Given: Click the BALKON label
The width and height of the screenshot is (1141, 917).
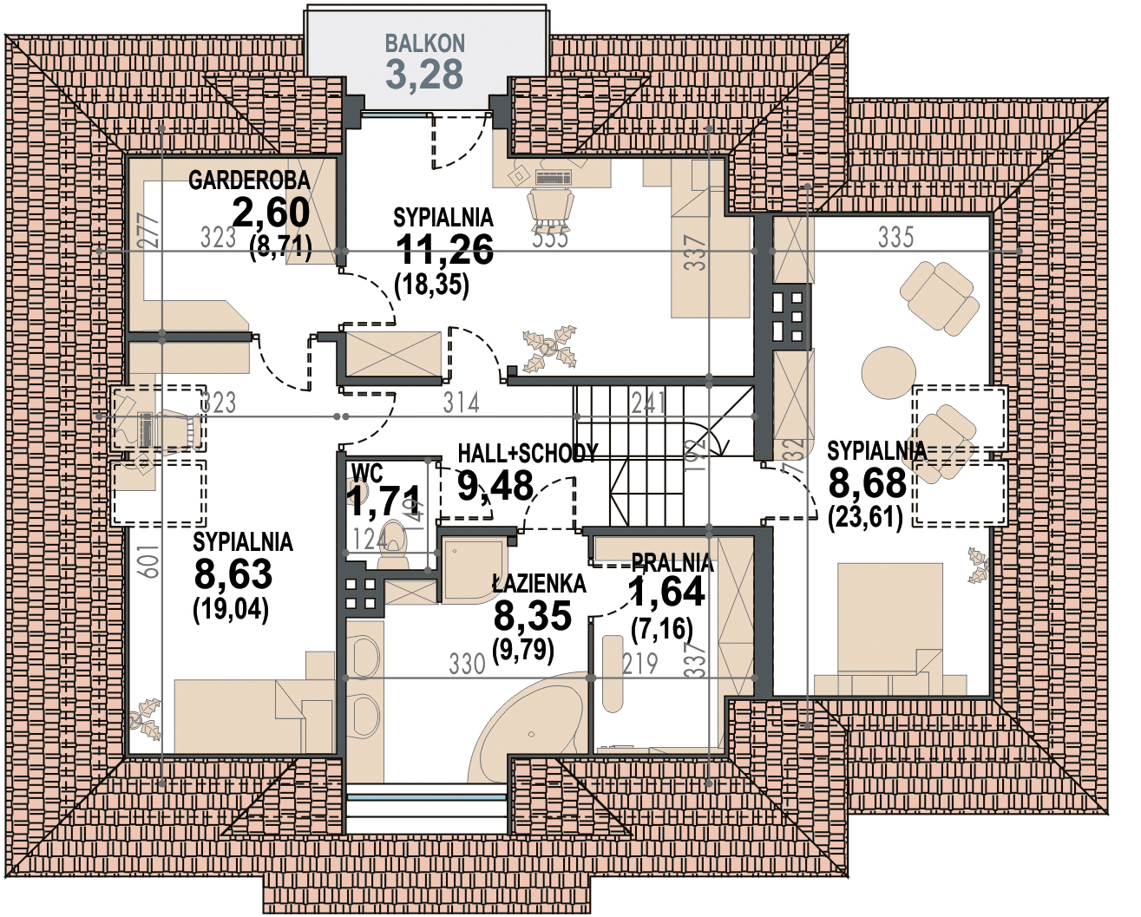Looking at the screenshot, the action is pyautogui.click(x=424, y=43).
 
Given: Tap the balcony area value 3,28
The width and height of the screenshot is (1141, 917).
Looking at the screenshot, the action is pyautogui.click(x=424, y=75).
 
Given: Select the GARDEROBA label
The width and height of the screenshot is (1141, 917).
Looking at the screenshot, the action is pyautogui.click(x=249, y=180).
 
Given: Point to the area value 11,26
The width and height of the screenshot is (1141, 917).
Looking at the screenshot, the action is pyautogui.click(x=444, y=249).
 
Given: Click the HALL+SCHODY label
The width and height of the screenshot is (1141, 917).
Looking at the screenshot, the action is pyautogui.click(x=528, y=453).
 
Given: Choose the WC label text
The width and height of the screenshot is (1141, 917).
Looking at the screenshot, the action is pyautogui.click(x=367, y=474).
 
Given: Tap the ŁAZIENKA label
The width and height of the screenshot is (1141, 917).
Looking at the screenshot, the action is pyautogui.click(x=539, y=584).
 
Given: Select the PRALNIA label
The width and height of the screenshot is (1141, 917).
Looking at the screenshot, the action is pyautogui.click(x=672, y=563).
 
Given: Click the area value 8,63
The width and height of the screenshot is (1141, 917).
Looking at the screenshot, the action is pyautogui.click(x=233, y=574).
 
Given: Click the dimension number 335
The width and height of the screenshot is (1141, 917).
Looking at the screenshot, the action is pyautogui.click(x=896, y=237).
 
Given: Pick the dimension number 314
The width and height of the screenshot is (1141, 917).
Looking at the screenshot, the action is pyautogui.click(x=462, y=403).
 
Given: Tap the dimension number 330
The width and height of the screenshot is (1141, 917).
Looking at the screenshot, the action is pyautogui.click(x=467, y=665).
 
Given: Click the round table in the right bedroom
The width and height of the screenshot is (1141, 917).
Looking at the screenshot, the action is pyautogui.click(x=889, y=373).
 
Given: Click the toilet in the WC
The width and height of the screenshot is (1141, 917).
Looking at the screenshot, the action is pyautogui.click(x=393, y=543).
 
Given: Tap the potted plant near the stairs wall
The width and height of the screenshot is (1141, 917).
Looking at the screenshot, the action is pyautogui.click(x=549, y=348).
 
